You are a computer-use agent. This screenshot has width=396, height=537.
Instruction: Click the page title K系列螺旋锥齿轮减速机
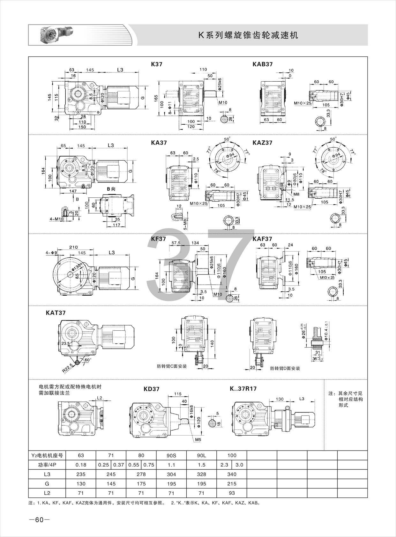pyautogui.click(x=248, y=35)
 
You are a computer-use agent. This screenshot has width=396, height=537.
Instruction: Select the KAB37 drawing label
pyautogui.click(x=262, y=64)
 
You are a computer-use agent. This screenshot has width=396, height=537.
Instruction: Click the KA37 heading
pyautogui.click(x=159, y=143)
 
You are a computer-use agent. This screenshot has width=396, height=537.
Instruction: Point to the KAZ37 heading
pyautogui.click(x=262, y=143)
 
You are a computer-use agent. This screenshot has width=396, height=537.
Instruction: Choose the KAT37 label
pyautogui.click(x=56, y=313)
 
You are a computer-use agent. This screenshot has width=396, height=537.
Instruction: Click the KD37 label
pyautogui.click(x=152, y=389)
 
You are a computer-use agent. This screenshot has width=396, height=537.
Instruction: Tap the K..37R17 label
pyautogui.click(x=243, y=389)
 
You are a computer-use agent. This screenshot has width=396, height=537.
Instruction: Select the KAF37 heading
pyautogui.click(x=262, y=239)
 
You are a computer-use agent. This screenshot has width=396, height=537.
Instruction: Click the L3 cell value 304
pyautogui.click(x=171, y=474)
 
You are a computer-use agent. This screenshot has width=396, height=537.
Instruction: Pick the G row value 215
pyautogui.click(x=232, y=483)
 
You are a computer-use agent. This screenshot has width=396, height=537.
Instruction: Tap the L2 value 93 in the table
pyautogui.click(x=232, y=493)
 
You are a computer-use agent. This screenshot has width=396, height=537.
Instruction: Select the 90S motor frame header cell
pyautogui.click(x=171, y=455)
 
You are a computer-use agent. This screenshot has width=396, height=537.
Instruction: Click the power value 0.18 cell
pyautogui.click(x=81, y=465)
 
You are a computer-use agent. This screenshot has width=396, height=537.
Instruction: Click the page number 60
pyautogui.click(x=39, y=520)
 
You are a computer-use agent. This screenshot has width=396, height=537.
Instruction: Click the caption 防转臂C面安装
pyautogui.click(x=172, y=366)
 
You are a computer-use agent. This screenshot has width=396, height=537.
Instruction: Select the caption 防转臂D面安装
pyautogui.click(x=285, y=368)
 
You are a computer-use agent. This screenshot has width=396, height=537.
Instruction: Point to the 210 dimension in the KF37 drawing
pyautogui.click(x=73, y=247)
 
